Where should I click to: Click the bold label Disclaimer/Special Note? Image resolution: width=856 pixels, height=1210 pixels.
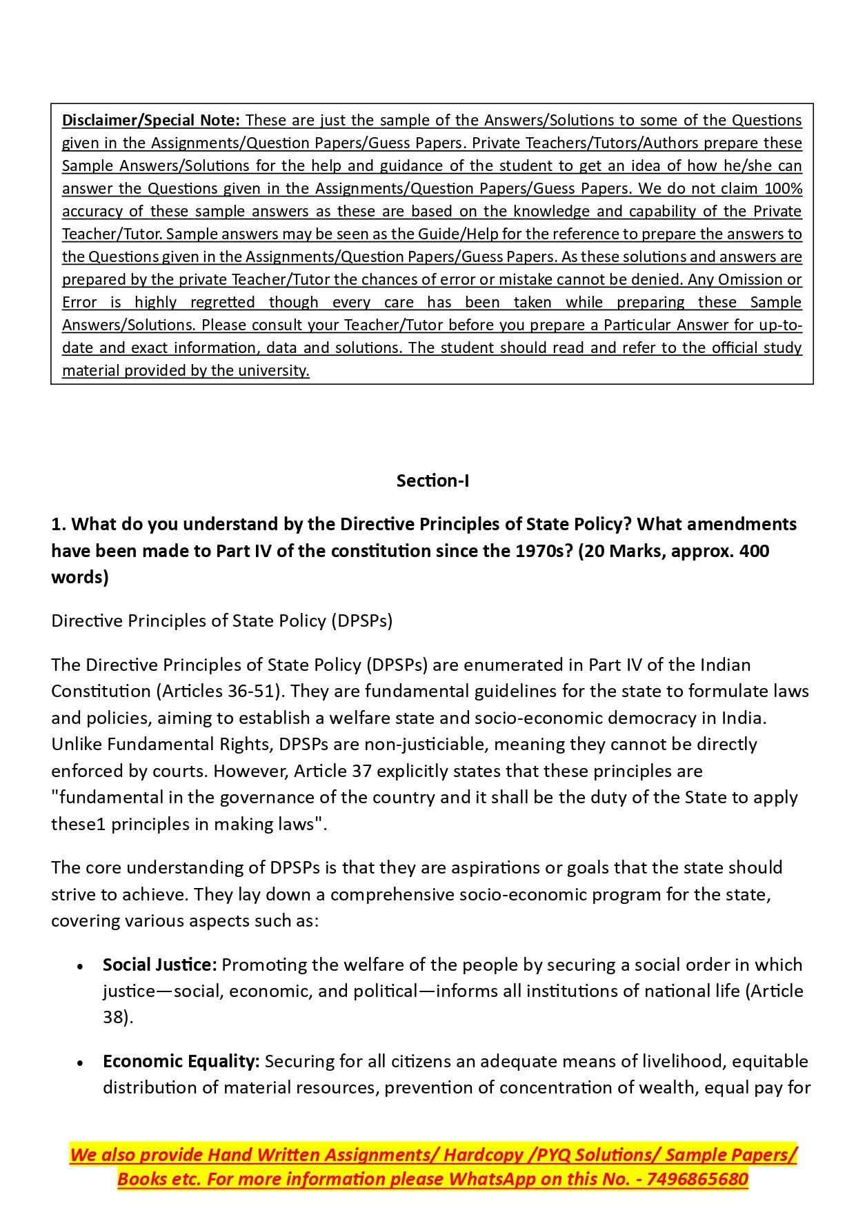pyautogui.click(x=150, y=120)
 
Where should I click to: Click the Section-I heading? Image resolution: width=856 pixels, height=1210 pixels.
pyautogui.click(x=432, y=481)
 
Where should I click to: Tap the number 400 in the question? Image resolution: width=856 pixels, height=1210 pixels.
pyautogui.click(x=754, y=551)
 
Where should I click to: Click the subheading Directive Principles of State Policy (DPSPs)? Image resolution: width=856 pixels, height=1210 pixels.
pyautogui.click(x=221, y=621)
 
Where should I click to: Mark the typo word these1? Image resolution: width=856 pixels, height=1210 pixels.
pyautogui.click(x=78, y=824)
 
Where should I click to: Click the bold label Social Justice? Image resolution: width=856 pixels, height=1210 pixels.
pyautogui.click(x=159, y=965)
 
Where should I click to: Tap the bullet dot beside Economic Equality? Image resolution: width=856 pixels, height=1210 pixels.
pyautogui.click(x=81, y=1062)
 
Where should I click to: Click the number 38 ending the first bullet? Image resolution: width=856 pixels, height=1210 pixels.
pyautogui.click(x=115, y=1017)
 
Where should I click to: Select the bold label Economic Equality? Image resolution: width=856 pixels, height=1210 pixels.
pyautogui.click(x=181, y=1061)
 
